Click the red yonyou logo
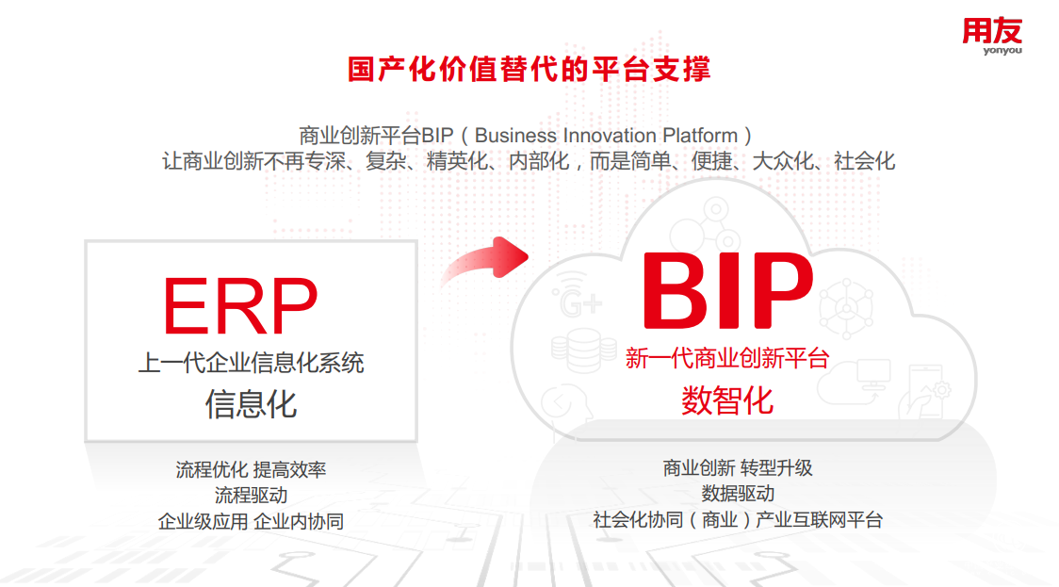click(x=992, y=36)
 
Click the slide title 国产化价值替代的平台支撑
click(x=529, y=70)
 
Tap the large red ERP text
click(x=240, y=306)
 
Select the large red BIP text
click(x=728, y=290)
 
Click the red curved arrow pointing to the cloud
click(x=485, y=260)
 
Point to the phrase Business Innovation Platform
click(x=606, y=135)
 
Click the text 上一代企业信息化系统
click(x=252, y=363)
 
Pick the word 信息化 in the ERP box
click(x=252, y=404)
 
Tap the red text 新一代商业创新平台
click(x=727, y=358)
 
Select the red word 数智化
click(x=727, y=399)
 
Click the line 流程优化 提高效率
click(x=252, y=469)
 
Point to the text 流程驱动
click(x=252, y=495)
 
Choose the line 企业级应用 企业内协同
click(x=252, y=521)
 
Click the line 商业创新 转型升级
click(x=738, y=468)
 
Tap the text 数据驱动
click(x=738, y=494)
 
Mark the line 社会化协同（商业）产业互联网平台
click(x=738, y=520)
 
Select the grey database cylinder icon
click(x=583, y=350)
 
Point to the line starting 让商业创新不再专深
click(x=529, y=161)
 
